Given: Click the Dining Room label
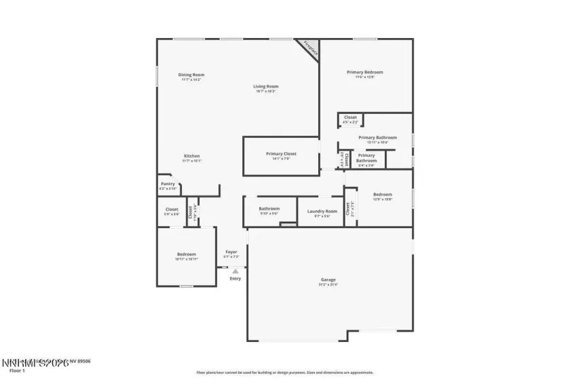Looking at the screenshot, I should [191, 75].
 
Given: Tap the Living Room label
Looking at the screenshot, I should [266, 86].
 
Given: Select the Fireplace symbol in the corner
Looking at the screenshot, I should [309, 50].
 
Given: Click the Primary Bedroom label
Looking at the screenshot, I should [365, 72].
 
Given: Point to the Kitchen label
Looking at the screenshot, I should [191, 156].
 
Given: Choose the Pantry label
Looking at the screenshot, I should [168, 184].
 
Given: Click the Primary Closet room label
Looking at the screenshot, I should [281, 154].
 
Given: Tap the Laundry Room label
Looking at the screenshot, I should [322, 211].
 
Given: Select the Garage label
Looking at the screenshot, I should [328, 280].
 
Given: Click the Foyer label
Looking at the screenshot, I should [231, 252].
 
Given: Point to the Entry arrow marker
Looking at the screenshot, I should [235, 271].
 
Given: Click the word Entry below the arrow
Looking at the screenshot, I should [235, 279].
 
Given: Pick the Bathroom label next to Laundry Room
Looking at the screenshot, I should [269, 208].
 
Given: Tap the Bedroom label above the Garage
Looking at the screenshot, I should [383, 195].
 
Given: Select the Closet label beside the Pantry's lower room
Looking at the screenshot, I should [172, 209].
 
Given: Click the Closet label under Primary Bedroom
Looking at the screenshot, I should [350, 117].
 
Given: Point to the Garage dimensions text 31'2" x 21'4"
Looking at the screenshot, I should [328, 285].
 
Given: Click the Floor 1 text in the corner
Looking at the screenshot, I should [17, 371].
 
